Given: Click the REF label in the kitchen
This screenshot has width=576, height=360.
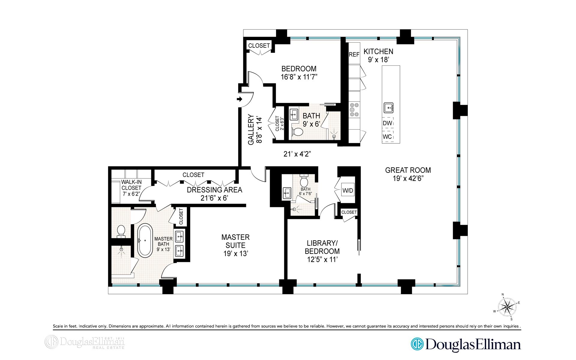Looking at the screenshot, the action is (x=354, y=55).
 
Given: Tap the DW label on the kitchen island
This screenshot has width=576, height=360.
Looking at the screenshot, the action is (x=387, y=123).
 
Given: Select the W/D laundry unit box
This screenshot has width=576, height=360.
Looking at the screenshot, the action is (x=348, y=190).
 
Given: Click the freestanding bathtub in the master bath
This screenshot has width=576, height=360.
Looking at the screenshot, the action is (x=145, y=240).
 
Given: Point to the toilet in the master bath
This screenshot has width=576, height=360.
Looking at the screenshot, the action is (x=121, y=231).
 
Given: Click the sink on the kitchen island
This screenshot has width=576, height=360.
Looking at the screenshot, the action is (x=388, y=107).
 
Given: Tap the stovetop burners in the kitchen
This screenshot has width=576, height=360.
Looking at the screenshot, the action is (x=354, y=109).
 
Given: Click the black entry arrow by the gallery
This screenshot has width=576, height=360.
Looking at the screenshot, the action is (x=240, y=99).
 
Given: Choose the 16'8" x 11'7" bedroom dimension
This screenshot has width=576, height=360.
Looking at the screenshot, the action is (x=299, y=77).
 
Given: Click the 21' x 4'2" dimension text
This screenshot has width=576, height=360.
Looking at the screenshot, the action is (x=297, y=154).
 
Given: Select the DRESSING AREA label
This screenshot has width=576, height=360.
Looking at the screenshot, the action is (x=214, y=190).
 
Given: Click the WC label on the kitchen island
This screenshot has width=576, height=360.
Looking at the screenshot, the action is (x=387, y=137).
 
